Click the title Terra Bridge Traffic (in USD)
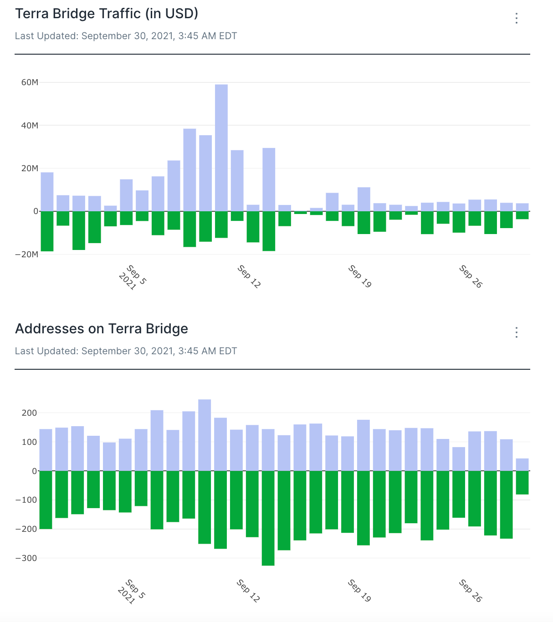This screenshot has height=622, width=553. point(107,14)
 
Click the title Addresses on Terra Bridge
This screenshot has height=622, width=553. point(102,329)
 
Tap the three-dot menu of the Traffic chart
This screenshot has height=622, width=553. point(516,18)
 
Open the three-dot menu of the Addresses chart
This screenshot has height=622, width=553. point(516,332)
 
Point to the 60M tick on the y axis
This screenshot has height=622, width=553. point(30,82)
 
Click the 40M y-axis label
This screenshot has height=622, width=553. point(30,125)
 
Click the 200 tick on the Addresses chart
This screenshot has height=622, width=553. point(30,413)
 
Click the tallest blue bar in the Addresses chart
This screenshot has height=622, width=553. point(205,435)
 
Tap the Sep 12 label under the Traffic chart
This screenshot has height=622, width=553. point(249,276)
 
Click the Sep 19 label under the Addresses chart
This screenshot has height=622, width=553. point(359,591)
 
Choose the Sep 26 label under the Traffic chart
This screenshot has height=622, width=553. point(471,276)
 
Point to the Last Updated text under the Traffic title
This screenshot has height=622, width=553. point(126,36)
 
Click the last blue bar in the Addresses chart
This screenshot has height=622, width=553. point(522,464)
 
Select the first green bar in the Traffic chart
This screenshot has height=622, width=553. point(47,231)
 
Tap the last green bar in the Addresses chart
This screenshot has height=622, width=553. point(522,483)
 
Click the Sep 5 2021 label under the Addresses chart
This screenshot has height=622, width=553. point(132,591)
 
